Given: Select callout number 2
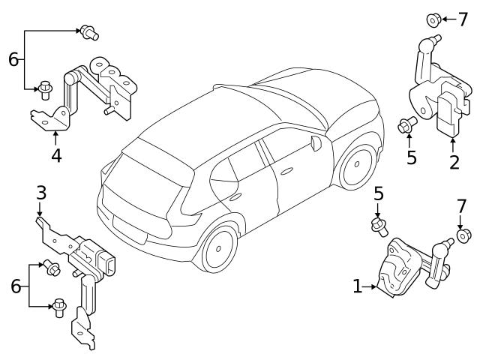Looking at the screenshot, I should pyautogui.click(x=454, y=162).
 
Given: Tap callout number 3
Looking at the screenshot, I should pyautogui.click(x=41, y=193).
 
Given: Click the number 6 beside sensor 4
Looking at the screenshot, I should pyautogui.click(x=13, y=59).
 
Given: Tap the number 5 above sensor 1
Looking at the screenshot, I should pyautogui.click(x=379, y=194).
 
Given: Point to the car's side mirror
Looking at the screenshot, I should pyautogui.click(x=316, y=142).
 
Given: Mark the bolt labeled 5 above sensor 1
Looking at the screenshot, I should pyautogui.click(x=379, y=223).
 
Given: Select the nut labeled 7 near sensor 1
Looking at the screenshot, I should pyautogui.click(x=463, y=236).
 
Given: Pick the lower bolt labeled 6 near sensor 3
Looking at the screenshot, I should pyautogui.click(x=58, y=306).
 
